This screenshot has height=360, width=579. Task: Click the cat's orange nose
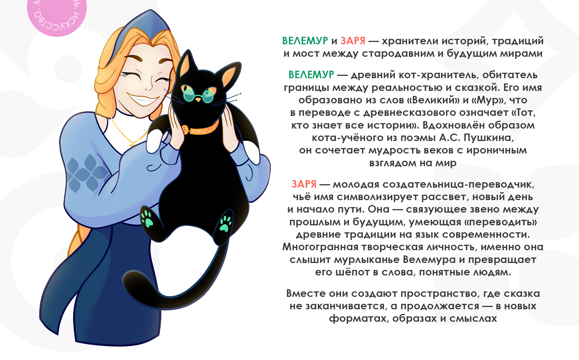pyautogui.click(x=198, y=100)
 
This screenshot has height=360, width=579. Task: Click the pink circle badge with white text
pyautogui.click(x=57, y=14)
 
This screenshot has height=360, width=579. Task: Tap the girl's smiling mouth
pyautogui.click(x=143, y=100)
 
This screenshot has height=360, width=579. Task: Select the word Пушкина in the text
pyautogui.click(x=489, y=138)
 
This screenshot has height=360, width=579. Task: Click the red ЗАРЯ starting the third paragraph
pyautogui.click(x=304, y=184)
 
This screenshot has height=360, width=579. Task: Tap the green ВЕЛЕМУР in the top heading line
pyautogui.click(x=305, y=41)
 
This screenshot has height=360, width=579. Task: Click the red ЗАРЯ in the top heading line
pyautogui.click(x=353, y=41)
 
